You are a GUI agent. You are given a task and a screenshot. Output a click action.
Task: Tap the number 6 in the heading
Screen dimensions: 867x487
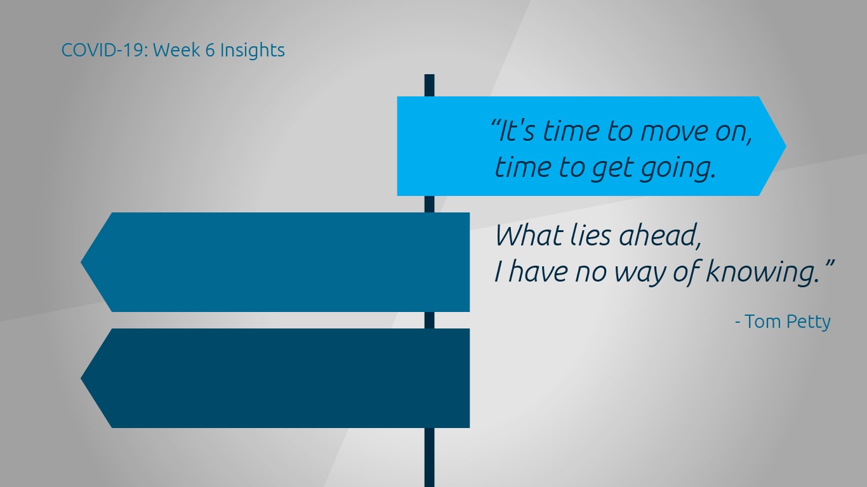[x=210, y=50]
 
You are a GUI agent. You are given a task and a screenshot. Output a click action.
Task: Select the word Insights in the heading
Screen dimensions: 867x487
[x=253, y=50]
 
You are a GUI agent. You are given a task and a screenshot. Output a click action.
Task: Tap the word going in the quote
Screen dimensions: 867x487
[x=678, y=169]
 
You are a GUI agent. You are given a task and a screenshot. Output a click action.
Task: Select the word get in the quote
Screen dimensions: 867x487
[x=612, y=169]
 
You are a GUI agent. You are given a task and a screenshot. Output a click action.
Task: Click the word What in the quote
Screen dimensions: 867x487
[x=529, y=235]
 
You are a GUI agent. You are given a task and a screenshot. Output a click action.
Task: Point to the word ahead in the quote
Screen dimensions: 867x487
[x=659, y=235]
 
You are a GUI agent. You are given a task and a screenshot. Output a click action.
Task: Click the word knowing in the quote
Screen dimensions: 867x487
[x=762, y=271]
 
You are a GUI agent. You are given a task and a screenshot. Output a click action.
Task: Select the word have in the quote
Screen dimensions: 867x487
[x=538, y=271]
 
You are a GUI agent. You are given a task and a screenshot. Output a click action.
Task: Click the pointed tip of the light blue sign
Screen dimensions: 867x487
[x=786, y=146]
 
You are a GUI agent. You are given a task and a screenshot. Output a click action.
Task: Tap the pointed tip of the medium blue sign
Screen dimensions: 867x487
[x=81, y=263]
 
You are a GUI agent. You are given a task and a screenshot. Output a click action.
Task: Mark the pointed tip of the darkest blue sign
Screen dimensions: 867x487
[x=81, y=379]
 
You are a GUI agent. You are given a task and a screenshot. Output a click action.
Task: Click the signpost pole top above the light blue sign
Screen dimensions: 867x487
[x=429, y=75]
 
